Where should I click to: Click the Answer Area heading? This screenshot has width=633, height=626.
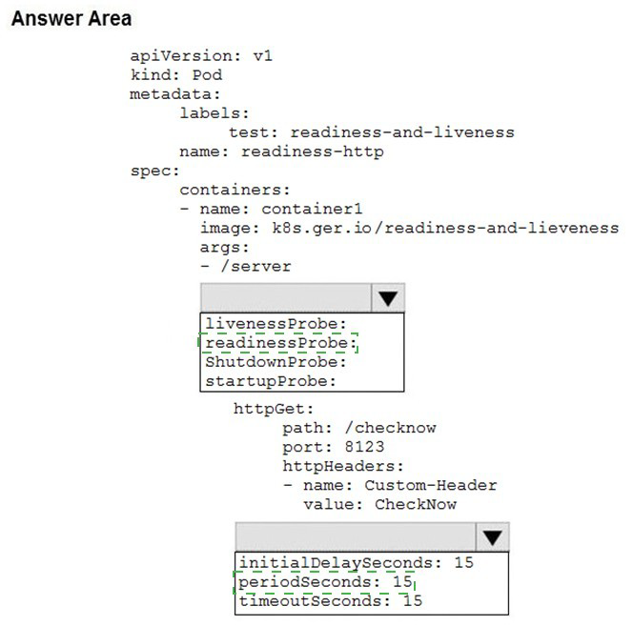point(71,18)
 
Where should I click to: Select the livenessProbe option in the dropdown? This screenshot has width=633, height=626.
point(276,324)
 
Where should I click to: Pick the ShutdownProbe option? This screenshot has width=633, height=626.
point(276,362)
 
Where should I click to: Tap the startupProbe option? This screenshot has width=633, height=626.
point(271,381)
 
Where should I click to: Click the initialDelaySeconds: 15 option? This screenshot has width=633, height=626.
point(357,562)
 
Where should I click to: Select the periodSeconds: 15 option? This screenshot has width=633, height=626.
point(325,581)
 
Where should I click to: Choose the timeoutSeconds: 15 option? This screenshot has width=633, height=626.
point(331,600)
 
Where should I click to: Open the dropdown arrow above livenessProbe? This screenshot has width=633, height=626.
point(388,298)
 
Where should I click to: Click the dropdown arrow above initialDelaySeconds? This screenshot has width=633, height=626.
point(493,537)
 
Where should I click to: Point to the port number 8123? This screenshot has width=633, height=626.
point(364,447)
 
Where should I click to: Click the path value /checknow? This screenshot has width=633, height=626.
point(390,428)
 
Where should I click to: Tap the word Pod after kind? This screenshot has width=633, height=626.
point(207,74)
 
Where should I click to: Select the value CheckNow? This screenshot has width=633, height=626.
point(416,504)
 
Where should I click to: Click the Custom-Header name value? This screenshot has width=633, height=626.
point(430,485)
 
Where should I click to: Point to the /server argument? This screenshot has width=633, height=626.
point(255,267)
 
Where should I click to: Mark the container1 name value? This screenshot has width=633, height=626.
point(312,209)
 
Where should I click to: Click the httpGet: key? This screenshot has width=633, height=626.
point(274,409)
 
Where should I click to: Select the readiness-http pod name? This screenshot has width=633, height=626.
point(312,151)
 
